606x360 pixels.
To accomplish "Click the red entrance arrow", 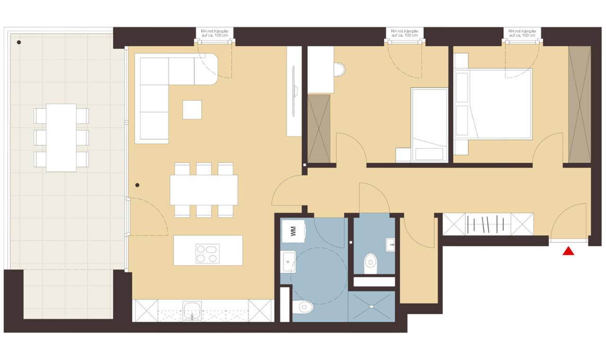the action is (569, 251).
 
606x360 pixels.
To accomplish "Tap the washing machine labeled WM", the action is (294, 231).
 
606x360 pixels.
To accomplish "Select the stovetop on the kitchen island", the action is (207, 253).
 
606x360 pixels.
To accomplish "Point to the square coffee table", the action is (192, 109).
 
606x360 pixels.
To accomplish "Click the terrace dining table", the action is (61, 137).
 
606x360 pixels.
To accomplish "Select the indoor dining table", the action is (204, 190).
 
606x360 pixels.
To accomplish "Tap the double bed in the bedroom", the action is (493, 104).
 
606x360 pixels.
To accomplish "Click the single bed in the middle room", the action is (429, 125).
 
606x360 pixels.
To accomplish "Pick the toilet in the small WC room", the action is (371, 263).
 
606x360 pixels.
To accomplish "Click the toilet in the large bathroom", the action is (303, 307).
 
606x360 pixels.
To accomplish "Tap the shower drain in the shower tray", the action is (372, 306).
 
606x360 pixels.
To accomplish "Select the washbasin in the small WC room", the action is (391, 245).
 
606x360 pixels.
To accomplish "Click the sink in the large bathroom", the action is (288, 262).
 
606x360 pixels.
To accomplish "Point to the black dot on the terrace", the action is (18, 42).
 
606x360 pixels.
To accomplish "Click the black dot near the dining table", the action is (137, 185).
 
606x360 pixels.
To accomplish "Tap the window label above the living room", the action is (215, 33).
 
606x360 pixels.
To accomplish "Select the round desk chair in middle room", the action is (339, 70).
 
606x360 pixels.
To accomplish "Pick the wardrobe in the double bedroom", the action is (579, 105).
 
